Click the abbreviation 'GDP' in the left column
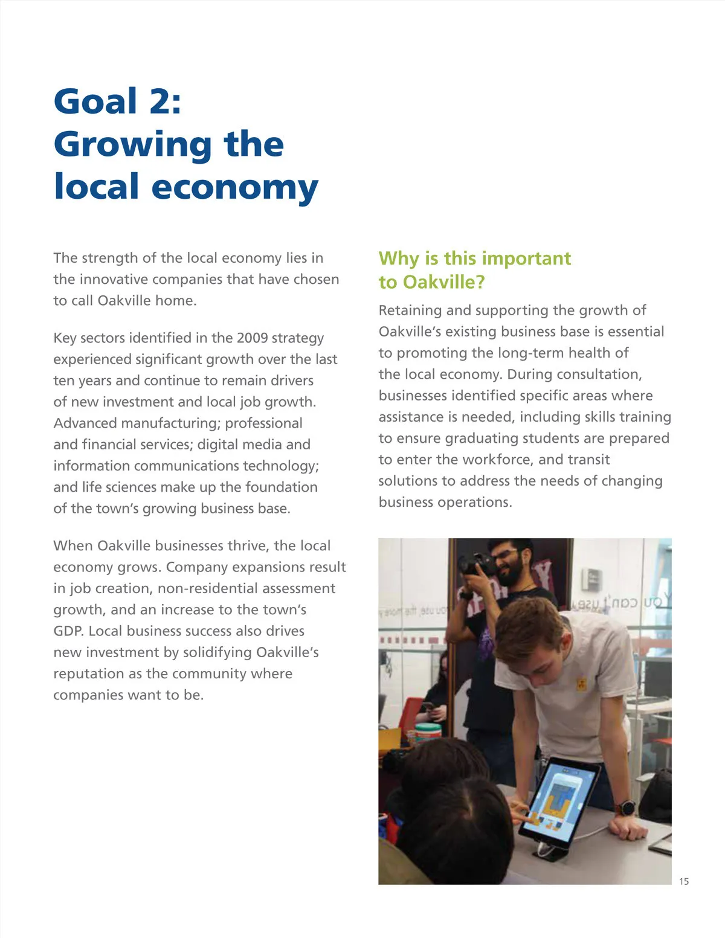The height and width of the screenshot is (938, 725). pos(68,631)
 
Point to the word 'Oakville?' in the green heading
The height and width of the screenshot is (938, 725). pos(443,283)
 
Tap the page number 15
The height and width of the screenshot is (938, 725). pos(683,881)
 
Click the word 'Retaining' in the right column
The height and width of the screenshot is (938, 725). pos(407,310)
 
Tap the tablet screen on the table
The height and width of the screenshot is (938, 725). pos(556,797)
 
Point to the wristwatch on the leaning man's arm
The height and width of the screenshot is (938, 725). pos(626,808)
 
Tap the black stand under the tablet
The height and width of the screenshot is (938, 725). pos(552,852)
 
